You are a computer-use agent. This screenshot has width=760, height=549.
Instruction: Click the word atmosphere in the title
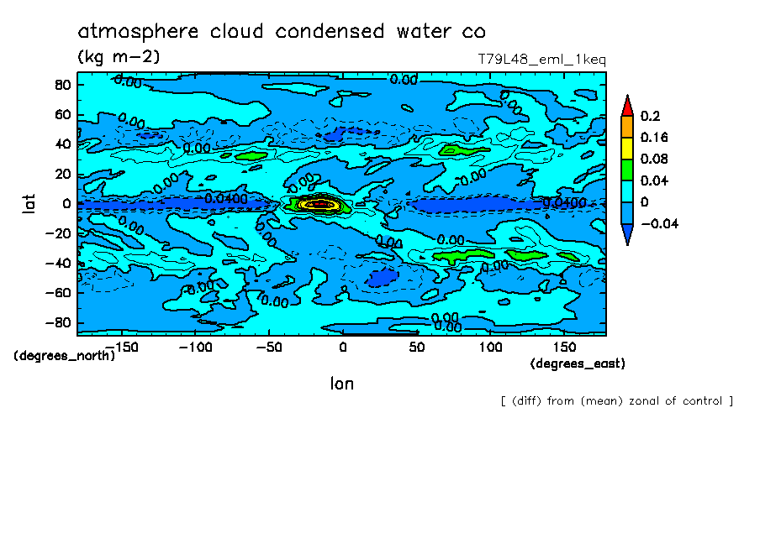[x=138, y=32]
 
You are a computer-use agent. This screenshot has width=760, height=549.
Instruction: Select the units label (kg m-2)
[x=119, y=57]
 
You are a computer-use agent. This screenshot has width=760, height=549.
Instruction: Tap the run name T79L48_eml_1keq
[x=541, y=60]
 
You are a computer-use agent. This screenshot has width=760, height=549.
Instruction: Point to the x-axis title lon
[x=341, y=384]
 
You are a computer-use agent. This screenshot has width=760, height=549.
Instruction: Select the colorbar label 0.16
[x=656, y=138]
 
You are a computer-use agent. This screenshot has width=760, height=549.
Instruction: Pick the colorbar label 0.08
[x=656, y=159]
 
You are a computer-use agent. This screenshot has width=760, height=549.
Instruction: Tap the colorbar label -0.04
[x=659, y=223]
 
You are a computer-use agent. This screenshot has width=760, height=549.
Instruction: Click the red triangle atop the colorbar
[x=627, y=105]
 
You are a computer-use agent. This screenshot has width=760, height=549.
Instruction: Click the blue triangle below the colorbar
[x=627, y=237]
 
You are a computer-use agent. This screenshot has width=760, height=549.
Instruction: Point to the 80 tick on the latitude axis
[x=62, y=85]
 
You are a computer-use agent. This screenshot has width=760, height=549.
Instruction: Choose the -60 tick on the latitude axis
[x=59, y=293]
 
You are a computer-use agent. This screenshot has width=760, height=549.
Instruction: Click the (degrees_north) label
[x=64, y=356]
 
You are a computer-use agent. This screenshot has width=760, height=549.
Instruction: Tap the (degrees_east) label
[x=578, y=363]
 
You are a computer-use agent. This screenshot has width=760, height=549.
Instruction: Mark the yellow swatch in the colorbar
[x=627, y=149]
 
